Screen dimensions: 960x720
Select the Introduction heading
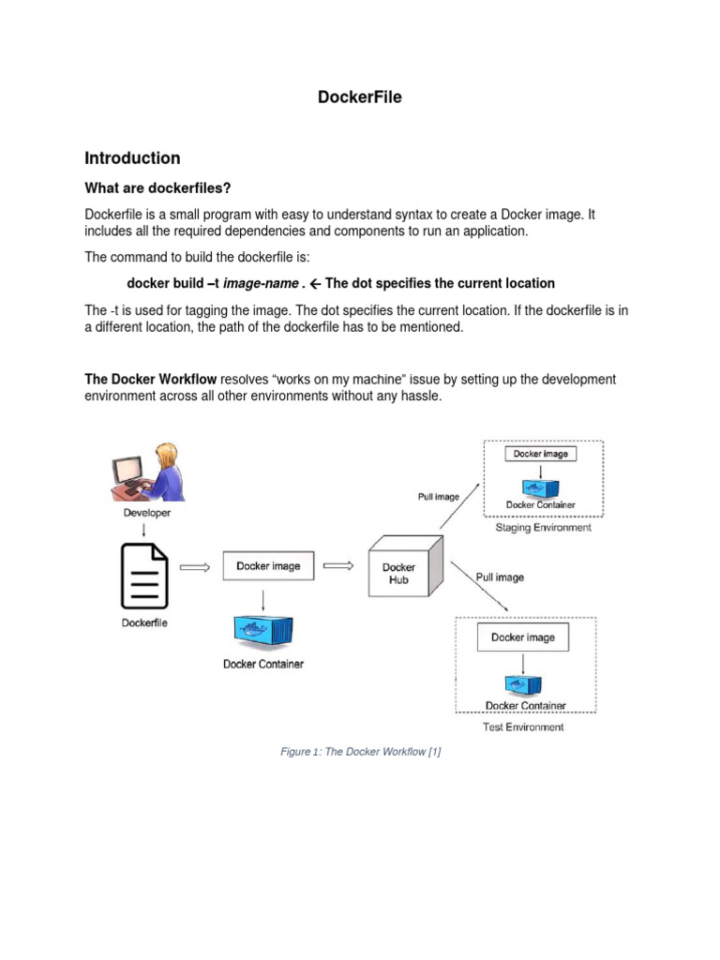coord(132,157)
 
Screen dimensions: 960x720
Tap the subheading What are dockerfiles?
coord(157,187)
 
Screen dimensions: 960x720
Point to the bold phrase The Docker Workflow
coord(151,379)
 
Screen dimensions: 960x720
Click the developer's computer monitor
coord(127,469)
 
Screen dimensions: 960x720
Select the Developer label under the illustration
coord(147,513)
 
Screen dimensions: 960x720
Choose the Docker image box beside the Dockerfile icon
coord(268,566)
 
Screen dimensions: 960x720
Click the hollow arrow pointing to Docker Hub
coord(337,565)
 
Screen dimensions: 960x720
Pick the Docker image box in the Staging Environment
coord(541,454)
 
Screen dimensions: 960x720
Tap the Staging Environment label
coord(543,528)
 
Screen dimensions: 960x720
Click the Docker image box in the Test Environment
coord(522,637)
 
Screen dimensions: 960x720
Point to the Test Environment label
coord(524,727)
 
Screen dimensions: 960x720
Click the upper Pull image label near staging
coord(431,496)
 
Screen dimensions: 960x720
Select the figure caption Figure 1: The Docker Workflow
coord(360,752)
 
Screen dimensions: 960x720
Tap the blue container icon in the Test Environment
coord(524,683)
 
